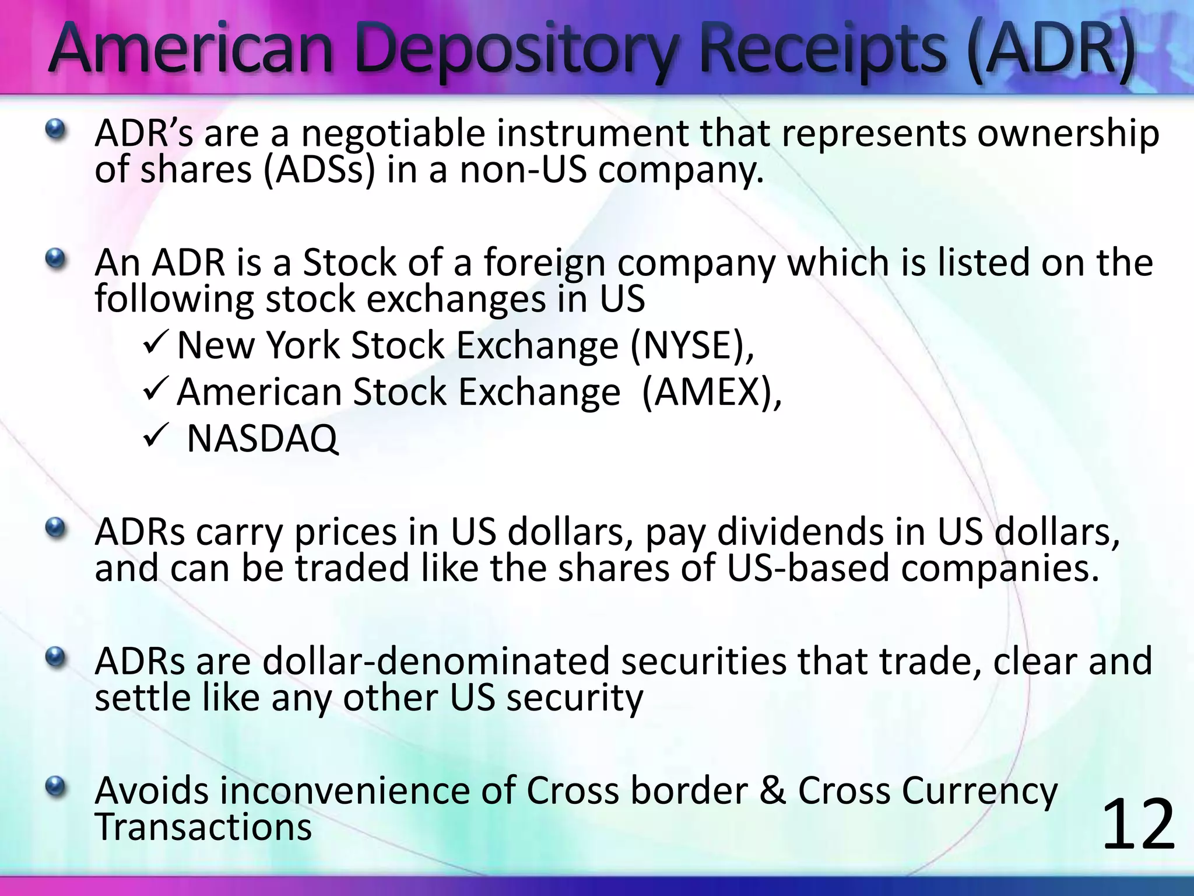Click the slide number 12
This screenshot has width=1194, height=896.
coord(1138,825)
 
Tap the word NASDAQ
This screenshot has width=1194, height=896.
coord(262,439)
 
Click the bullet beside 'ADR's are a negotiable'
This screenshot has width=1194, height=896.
coord(56,128)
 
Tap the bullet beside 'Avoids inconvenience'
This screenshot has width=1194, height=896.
coord(56,787)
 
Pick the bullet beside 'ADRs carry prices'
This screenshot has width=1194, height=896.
coord(56,528)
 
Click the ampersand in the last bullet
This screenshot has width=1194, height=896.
coord(772,791)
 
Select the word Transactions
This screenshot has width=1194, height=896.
coord(203,827)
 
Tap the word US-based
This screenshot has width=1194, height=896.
coord(807,568)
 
